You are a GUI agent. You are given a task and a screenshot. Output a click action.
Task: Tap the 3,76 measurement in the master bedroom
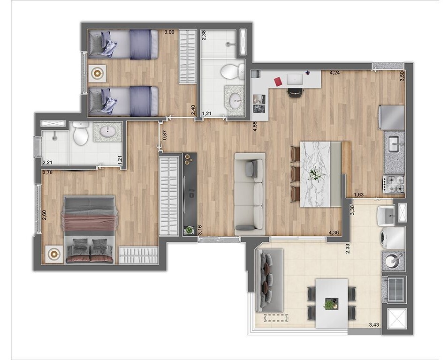point(47,172)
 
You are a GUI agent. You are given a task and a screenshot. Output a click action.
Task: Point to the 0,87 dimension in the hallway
point(164,135)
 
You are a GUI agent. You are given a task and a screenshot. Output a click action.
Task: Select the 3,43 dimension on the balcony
point(374,325)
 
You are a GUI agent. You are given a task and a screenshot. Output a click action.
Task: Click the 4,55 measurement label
point(255,127)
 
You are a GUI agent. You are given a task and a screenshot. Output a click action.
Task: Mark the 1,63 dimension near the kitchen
point(358,195)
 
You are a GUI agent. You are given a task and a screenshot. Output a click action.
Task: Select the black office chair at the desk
point(295,92)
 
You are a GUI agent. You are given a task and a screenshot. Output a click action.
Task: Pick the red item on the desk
point(278,82)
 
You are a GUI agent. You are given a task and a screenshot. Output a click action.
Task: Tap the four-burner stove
point(394,184)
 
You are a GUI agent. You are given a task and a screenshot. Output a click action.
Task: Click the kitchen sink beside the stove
point(393,142)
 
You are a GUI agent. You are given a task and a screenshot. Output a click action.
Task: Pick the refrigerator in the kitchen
point(392,117)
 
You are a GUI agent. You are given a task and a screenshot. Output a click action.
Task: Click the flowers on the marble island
point(315,173)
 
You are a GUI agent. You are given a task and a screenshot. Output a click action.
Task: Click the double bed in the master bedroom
point(89,229)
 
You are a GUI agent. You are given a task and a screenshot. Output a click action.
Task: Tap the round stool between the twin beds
point(98,73)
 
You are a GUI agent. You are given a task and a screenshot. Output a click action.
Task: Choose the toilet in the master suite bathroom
point(81,135)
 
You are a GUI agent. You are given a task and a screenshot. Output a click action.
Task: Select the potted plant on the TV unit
point(189,230)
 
